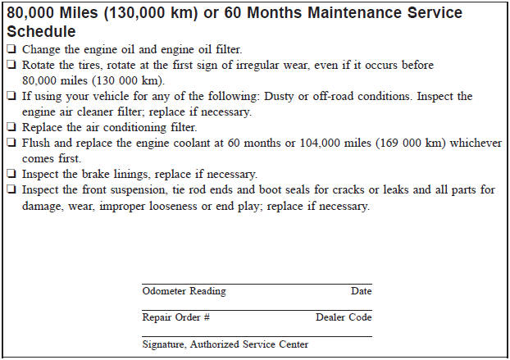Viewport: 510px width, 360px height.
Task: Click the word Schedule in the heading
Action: pos(41,31)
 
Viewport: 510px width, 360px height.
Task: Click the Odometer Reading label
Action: pos(184,291)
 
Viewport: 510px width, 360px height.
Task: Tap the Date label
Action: pos(361,291)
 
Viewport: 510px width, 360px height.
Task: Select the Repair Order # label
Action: pos(176,317)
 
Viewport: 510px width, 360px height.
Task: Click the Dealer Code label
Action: pos(344,317)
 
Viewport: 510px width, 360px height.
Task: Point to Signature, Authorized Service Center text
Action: pos(225,344)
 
